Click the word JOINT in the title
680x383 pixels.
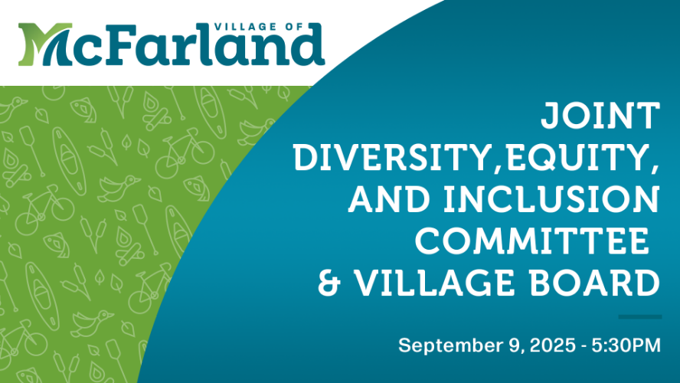coord(600,116)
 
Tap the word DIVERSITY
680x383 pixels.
coord(391,158)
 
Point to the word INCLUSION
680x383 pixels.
coord(551,199)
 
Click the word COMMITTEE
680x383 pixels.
coord(531,241)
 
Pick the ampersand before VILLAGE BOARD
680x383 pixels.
coord(329,283)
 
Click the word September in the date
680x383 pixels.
coord(450,346)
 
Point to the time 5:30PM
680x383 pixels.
coord(626,345)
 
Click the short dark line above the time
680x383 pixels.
coord(639,317)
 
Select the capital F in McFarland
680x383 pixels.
coord(119,44)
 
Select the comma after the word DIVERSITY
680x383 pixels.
coord(497,169)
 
